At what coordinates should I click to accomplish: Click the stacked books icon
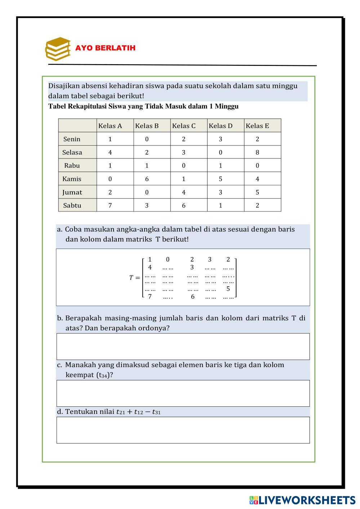click(58, 48)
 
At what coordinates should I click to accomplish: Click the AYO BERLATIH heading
click(105, 48)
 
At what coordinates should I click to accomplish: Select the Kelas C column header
click(184, 126)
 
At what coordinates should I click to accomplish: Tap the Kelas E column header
click(257, 126)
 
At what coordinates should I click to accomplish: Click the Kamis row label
click(72, 179)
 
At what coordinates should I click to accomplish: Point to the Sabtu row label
click(72, 206)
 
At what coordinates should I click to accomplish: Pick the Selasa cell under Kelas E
click(257, 152)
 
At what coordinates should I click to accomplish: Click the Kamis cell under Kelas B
click(147, 179)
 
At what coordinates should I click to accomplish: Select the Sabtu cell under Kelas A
click(110, 206)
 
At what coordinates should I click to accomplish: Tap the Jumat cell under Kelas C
click(184, 192)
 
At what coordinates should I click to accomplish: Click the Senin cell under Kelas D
click(221, 139)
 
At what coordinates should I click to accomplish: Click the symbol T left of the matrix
click(132, 278)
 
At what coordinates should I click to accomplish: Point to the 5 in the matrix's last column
click(228, 289)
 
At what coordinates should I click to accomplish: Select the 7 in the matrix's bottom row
click(150, 296)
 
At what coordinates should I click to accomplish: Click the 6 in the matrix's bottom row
click(193, 296)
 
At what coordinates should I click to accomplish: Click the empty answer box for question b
click(183, 347)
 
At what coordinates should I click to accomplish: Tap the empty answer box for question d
click(183, 430)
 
